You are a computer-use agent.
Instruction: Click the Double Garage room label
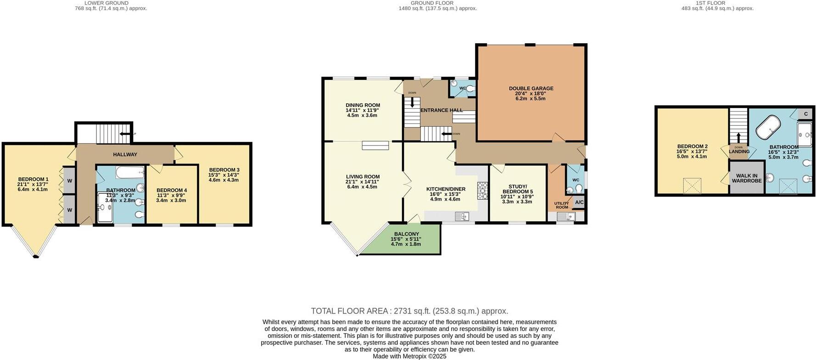click(531, 89)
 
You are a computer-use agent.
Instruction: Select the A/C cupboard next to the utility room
click(579, 202)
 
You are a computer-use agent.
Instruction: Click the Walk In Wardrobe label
click(747, 178)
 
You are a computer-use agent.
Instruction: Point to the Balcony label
click(405, 234)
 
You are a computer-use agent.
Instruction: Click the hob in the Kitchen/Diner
click(483, 191)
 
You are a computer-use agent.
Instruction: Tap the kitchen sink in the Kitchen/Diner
click(462, 216)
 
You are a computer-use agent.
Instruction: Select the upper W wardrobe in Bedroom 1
click(69, 180)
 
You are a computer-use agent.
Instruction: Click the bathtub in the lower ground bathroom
click(130, 173)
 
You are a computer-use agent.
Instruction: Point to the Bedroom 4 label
click(172, 190)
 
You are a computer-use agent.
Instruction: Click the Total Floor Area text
click(409, 311)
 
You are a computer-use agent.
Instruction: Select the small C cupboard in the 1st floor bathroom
click(806, 113)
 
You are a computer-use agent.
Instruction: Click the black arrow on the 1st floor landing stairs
click(738, 138)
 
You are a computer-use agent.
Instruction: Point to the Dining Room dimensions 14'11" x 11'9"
click(363, 110)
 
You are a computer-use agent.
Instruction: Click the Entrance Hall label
click(442, 110)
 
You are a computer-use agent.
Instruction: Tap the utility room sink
click(565, 216)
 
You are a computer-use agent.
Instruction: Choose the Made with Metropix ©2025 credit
click(409, 356)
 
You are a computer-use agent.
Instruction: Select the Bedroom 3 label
click(224, 170)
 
